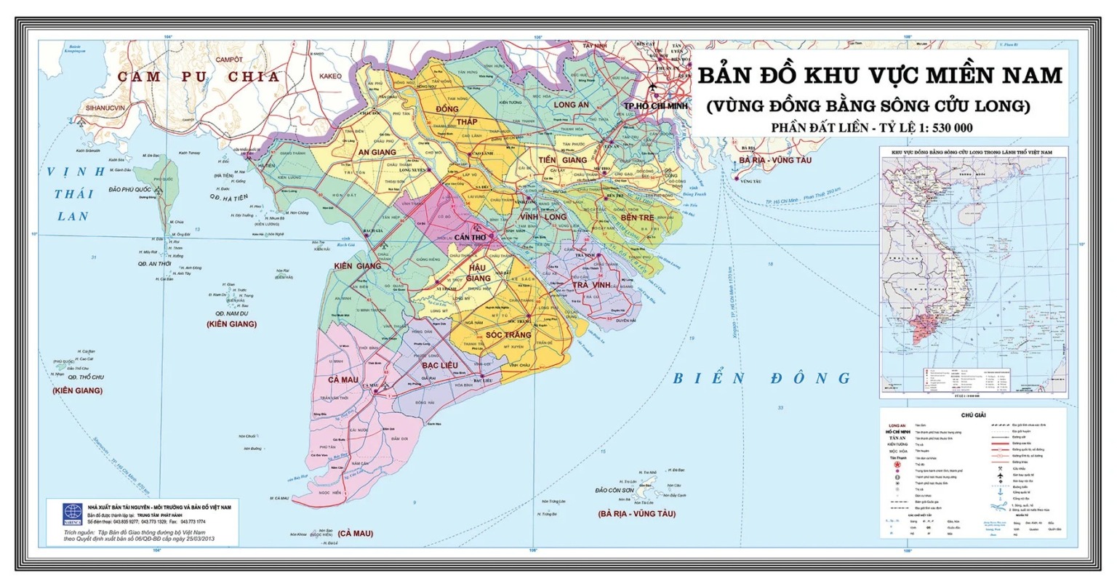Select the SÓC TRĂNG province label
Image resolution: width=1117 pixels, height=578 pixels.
[503, 334]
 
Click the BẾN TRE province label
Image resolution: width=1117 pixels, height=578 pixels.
[638, 218]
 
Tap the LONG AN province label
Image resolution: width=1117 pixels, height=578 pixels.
[571, 105]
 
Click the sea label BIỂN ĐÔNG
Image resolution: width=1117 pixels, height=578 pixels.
[761, 378]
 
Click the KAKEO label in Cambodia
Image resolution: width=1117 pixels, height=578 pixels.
[330, 76]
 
